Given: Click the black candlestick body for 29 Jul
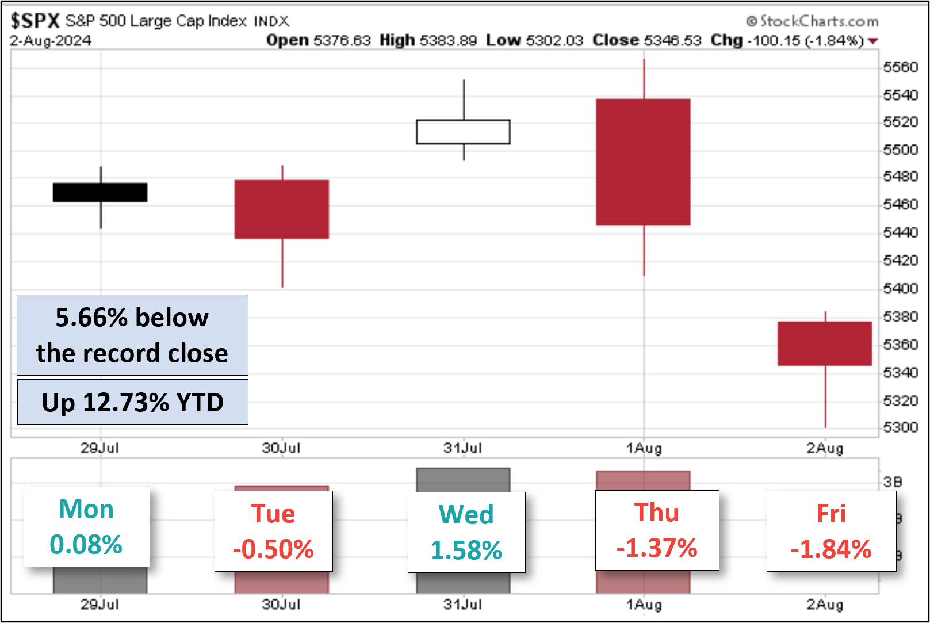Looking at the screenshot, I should (x=100, y=192).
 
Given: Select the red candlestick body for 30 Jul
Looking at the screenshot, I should (x=281, y=209).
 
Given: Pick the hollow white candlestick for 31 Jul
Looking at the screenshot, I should (x=463, y=132).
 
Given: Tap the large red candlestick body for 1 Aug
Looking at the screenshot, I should (x=643, y=162).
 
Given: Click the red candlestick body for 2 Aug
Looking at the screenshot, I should (x=825, y=343).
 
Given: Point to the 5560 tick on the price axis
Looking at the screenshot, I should (x=900, y=67).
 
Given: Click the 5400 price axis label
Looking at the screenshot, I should (x=900, y=288).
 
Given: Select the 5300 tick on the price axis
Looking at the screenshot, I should (x=900, y=427).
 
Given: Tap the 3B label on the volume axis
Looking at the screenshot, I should (x=893, y=481).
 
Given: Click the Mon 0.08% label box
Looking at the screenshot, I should (x=86, y=527).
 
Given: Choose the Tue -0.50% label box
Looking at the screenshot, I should (x=273, y=531).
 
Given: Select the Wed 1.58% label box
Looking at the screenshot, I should (x=466, y=532).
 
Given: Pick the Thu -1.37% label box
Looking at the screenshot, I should (x=657, y=530).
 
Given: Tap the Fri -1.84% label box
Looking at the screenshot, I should (x=831, y=531).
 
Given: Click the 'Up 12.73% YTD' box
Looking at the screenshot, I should (x=132, y=402).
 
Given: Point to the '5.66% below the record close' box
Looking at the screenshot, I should (x=132, y=335).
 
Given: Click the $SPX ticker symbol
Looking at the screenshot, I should (x=35, y=21).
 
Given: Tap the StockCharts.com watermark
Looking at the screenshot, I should (x=812, y=21).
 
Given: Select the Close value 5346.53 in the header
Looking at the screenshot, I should (x=672, y=40).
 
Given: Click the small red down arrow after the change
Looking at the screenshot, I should (x=873, y=41).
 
